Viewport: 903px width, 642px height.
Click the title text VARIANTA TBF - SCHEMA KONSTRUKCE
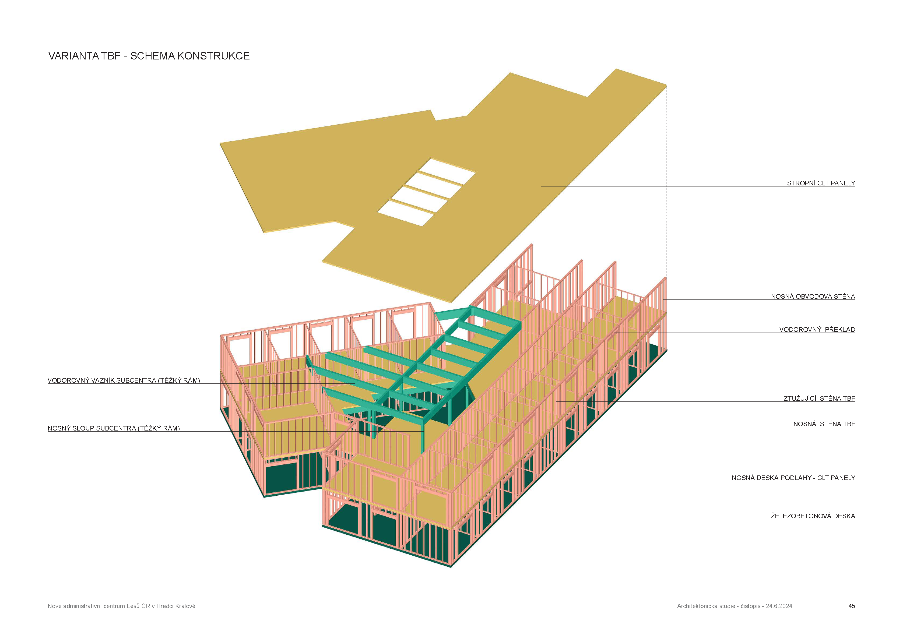point(149,56)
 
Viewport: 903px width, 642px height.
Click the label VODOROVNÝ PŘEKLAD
point(817,329)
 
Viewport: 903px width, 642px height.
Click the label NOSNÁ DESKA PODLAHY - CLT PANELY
point(793,478)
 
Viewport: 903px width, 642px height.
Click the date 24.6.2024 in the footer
point(779,606)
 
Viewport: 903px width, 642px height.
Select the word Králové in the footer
point(185,606)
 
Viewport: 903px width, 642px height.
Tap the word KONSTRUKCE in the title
point(213,56)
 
